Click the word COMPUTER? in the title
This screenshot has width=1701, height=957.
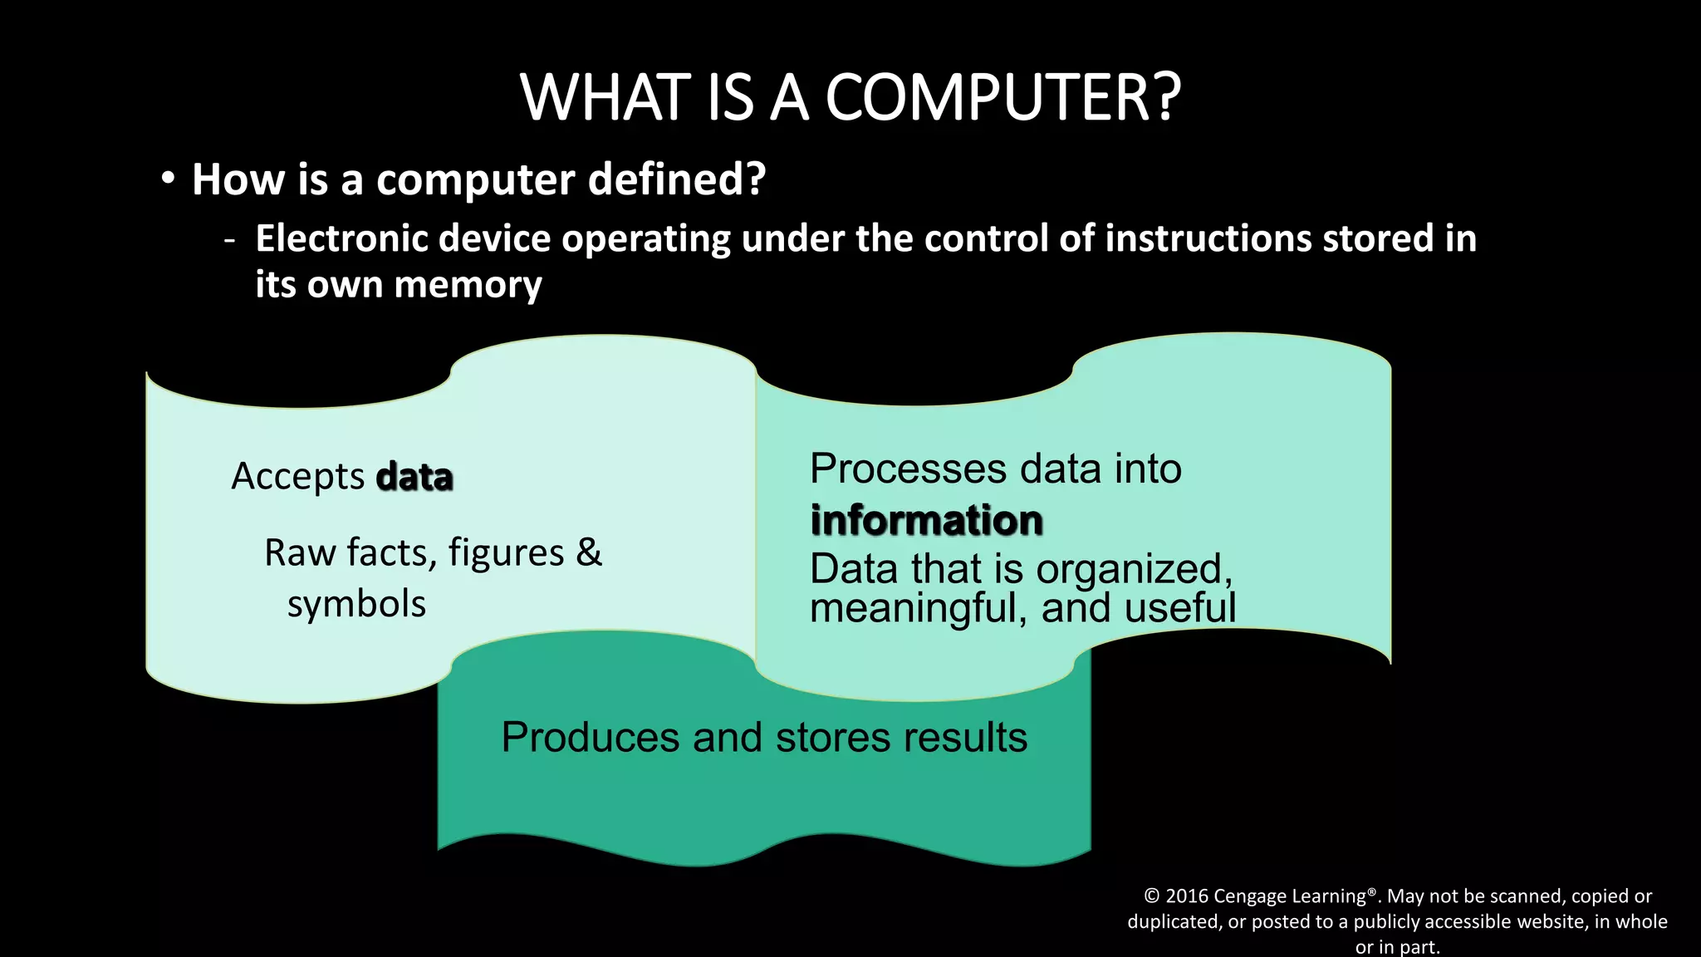pos(1002,97)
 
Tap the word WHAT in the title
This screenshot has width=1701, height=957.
pos(607,97)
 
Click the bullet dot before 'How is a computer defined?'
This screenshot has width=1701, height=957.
pos(169,178)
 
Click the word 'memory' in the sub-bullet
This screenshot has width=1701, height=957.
pos(468,285)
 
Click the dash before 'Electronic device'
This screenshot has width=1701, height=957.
pos(229,240)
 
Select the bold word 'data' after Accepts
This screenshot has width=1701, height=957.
pos(414,477)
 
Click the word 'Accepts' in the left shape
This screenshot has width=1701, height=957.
pos(297,477)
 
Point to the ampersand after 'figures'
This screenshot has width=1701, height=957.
pos(589,552)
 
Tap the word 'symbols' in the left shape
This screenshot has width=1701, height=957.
pos(356,604)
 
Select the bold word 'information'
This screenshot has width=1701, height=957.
pos(926,520)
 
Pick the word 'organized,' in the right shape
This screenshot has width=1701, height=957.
pos(1134,570)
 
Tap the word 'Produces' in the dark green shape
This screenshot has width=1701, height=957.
pos(591,737)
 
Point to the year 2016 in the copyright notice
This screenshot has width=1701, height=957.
pos(1187,896)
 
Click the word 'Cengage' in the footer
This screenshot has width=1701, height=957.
pos(1248,896)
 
